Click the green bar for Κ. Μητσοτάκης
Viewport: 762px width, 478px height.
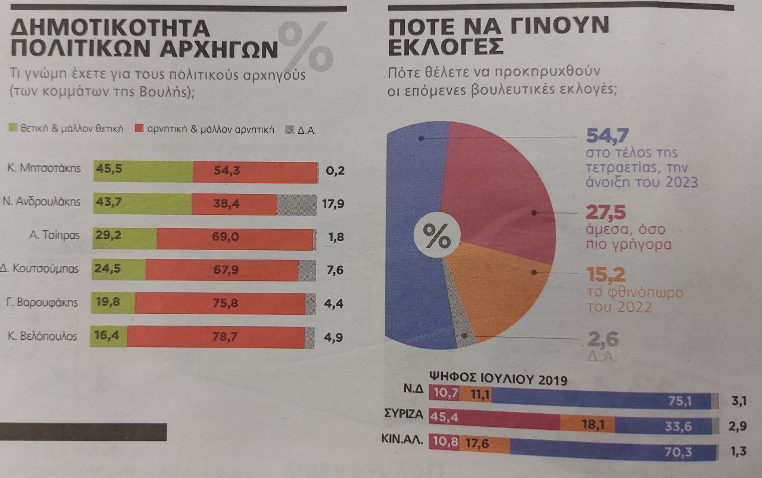click(x=143, y=171)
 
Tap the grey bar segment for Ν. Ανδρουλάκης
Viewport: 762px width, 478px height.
click(x=296, y=205)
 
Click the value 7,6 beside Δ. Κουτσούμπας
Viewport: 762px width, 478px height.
click(x=336, y=270)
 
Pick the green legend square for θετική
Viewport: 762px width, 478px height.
click(x=14, y=129)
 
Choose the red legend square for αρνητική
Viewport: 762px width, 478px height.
click(x=139, y=129)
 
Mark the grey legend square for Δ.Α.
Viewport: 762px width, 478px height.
click(x=290, y=129)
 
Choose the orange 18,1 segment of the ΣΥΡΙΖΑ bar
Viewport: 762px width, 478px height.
click(x=586, y=424)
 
